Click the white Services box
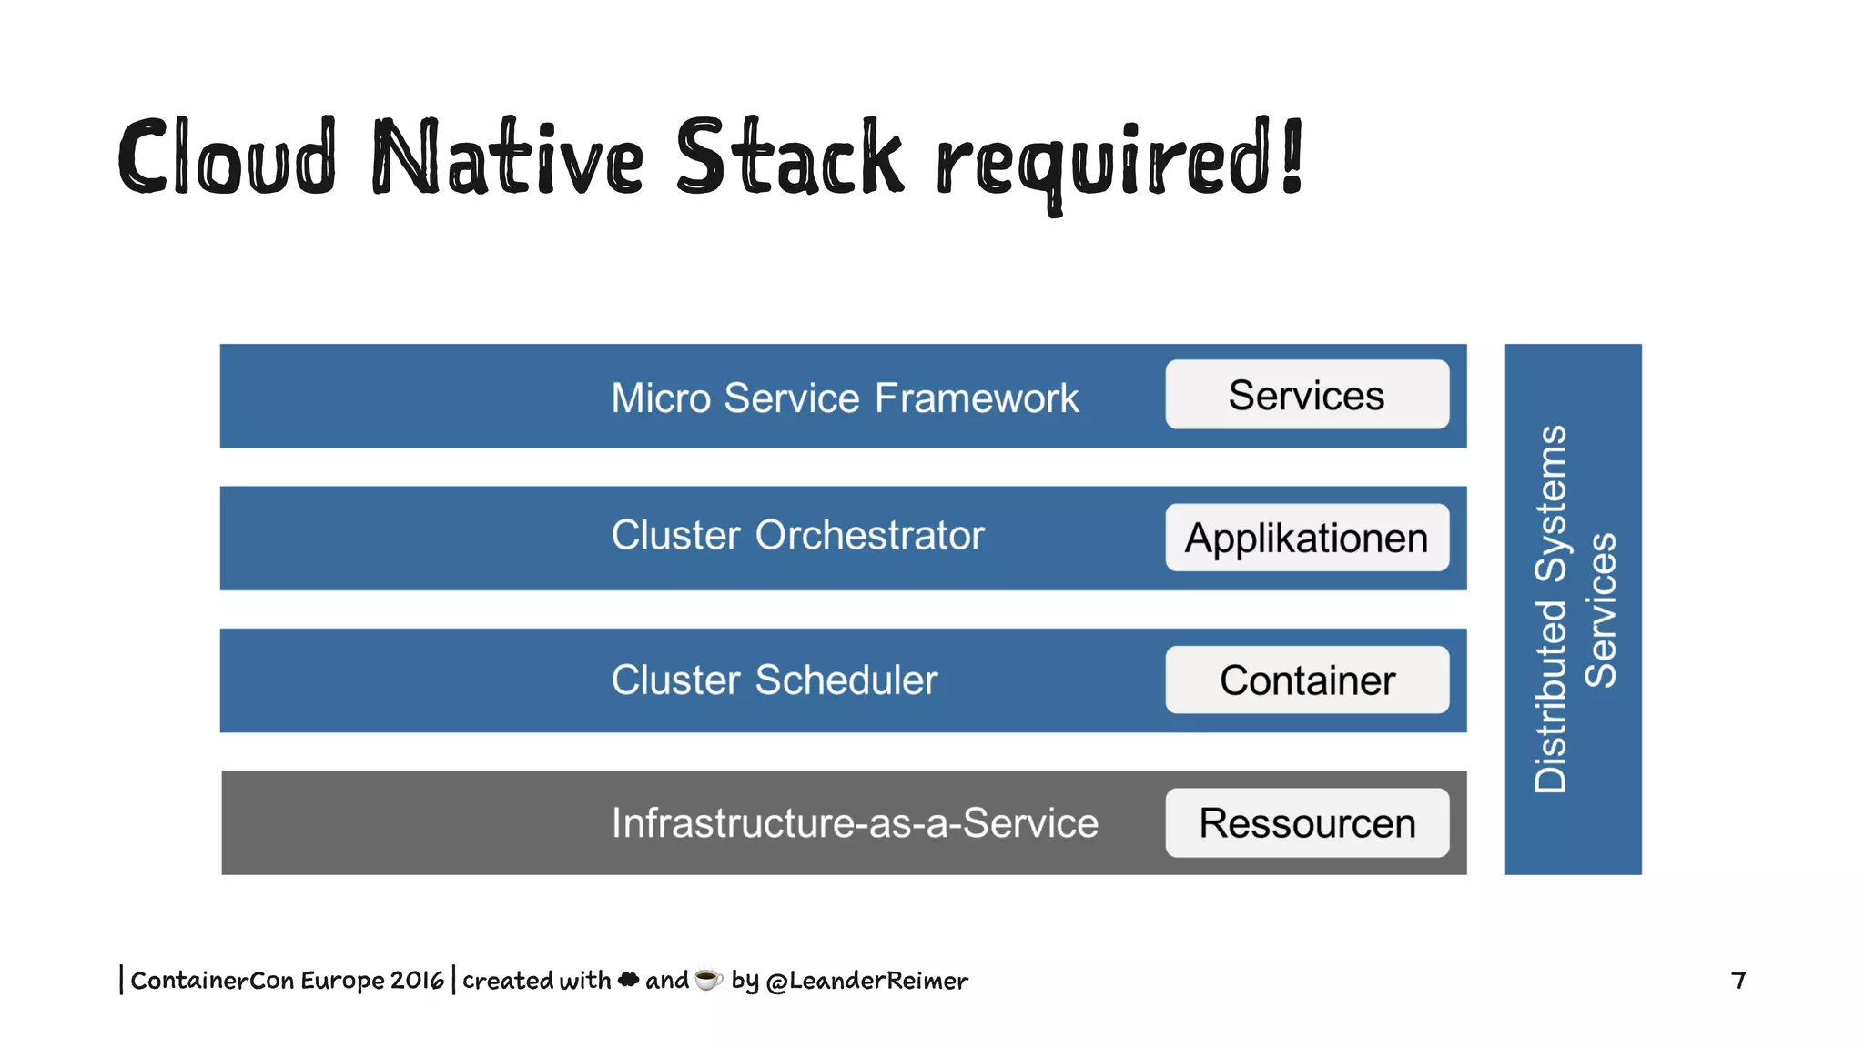coord(1307,395)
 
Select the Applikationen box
coord(1307,538)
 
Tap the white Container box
coord(1307,680)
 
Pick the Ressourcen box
coord(1307,823)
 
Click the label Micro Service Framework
coord(844,398)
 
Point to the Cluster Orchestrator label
coord(797,536)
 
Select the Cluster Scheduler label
coord(774,680)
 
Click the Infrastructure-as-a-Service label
coord(854,823)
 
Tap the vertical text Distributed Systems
coord(1551,610)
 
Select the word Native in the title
coord(508,159)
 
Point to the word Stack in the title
coord(789,159)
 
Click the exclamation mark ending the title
coord(1292,156)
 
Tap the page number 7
coord(1738,981)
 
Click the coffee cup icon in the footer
coord(708,979)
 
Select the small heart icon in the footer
coord(628,980)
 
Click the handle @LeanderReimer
coord(866,981)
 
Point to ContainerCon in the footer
coord(212,981)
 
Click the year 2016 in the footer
coord(417,981)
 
